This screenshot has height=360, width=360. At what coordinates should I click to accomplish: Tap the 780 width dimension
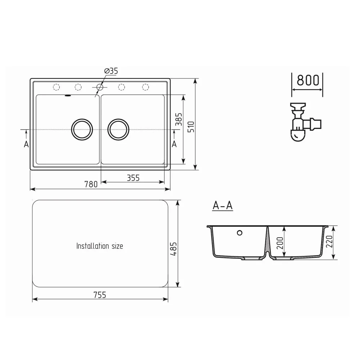(91, 184)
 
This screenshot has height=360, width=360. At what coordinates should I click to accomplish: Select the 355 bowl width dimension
(133, 177)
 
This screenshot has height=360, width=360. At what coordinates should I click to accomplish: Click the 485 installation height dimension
(174, 248)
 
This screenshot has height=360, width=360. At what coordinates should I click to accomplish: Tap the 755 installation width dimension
(100, 295)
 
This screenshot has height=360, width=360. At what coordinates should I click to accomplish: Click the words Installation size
(100, 246)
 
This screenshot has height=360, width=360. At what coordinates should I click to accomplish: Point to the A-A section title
(222, 206)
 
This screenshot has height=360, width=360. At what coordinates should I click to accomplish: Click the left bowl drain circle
(82, 129)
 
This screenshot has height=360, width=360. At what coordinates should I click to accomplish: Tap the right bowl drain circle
(118, 129)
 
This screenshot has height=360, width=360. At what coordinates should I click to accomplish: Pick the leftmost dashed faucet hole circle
(56, 87)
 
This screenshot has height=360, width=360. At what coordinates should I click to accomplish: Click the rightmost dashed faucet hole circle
(145, 87)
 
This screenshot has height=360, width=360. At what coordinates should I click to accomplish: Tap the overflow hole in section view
(240, 233)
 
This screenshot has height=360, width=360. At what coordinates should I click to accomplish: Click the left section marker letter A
(26, 144)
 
